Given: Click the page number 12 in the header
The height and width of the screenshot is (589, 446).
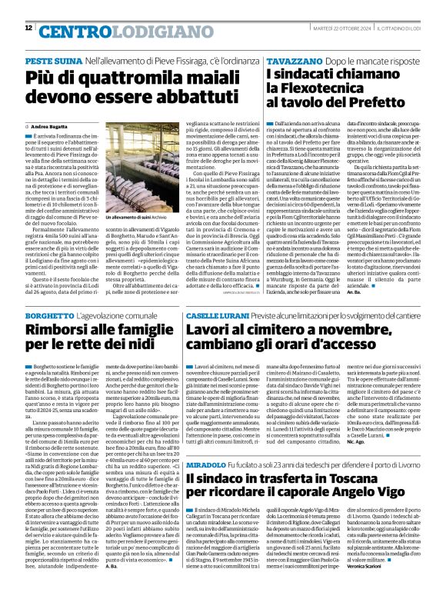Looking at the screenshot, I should (x=28, y=28).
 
